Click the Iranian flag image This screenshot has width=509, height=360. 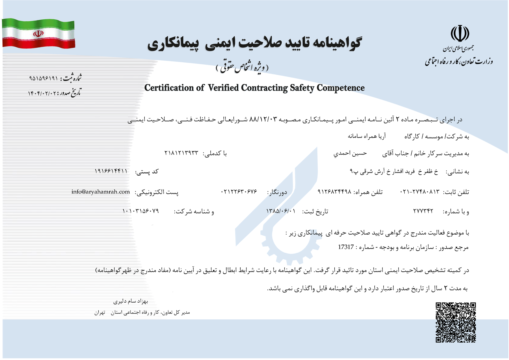pyautogui.click(x=39, y=33)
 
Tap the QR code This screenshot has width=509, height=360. pyautogui.click(x=455, y=322)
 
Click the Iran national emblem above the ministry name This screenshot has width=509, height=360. pyautogui.click(x=460, y=34)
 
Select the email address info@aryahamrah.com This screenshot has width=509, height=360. pyautogui.click(x=101, y=192)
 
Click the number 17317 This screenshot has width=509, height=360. pyautogui.click(x=346, y=247)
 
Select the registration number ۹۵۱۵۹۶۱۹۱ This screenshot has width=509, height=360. pyautogui.click(x=44, y=78)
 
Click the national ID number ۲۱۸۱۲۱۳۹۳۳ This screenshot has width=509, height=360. pyautogui.click(x=181, y=153)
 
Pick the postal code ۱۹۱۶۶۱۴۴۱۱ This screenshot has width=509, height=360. pyautogui.click(x=111, y=171)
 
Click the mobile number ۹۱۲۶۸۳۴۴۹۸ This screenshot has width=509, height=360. pyautogui.click(x=334, y=192)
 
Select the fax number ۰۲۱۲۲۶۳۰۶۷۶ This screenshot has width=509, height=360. pyautogui.click(x=239, y=192)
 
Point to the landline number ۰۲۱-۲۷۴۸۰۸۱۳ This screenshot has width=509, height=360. pyautogui.click(x=420, y=192)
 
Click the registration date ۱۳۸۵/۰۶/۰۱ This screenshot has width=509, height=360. pyautogui.click(x=281, y=211)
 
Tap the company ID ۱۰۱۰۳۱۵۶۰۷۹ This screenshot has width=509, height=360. pyautogui.click(x=141, y=211)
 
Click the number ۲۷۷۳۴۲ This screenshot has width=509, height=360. pyautogui.click(x=423, y=211)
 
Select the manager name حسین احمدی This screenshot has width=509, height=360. pyautogui.click(x=350, y=153)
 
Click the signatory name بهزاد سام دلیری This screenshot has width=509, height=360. pyautogui.click(x=131, y=301)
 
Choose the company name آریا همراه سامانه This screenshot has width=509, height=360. pyautogui.click(x=367, y=136)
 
